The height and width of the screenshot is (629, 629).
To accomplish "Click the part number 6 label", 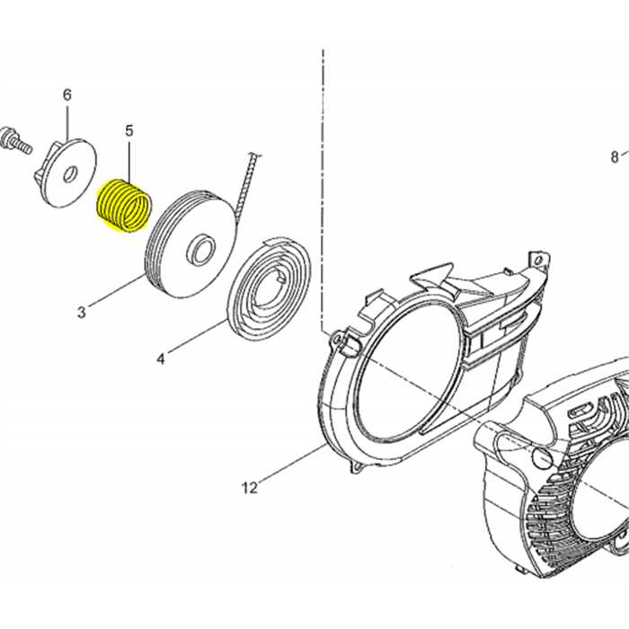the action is point(67,95).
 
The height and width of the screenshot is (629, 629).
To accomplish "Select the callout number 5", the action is point(128,131).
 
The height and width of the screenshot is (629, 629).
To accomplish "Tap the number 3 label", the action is point(82,312).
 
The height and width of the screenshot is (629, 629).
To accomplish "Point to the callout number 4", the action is point(161,359).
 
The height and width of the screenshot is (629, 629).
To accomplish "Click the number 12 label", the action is point(249,488).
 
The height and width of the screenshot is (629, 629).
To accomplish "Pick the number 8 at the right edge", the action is point(615,156).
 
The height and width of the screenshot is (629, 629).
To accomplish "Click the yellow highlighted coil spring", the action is point(124,206).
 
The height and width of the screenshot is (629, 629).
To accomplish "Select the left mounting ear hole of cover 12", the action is point(333,340).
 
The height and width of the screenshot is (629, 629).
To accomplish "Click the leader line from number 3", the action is point(116,288).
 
